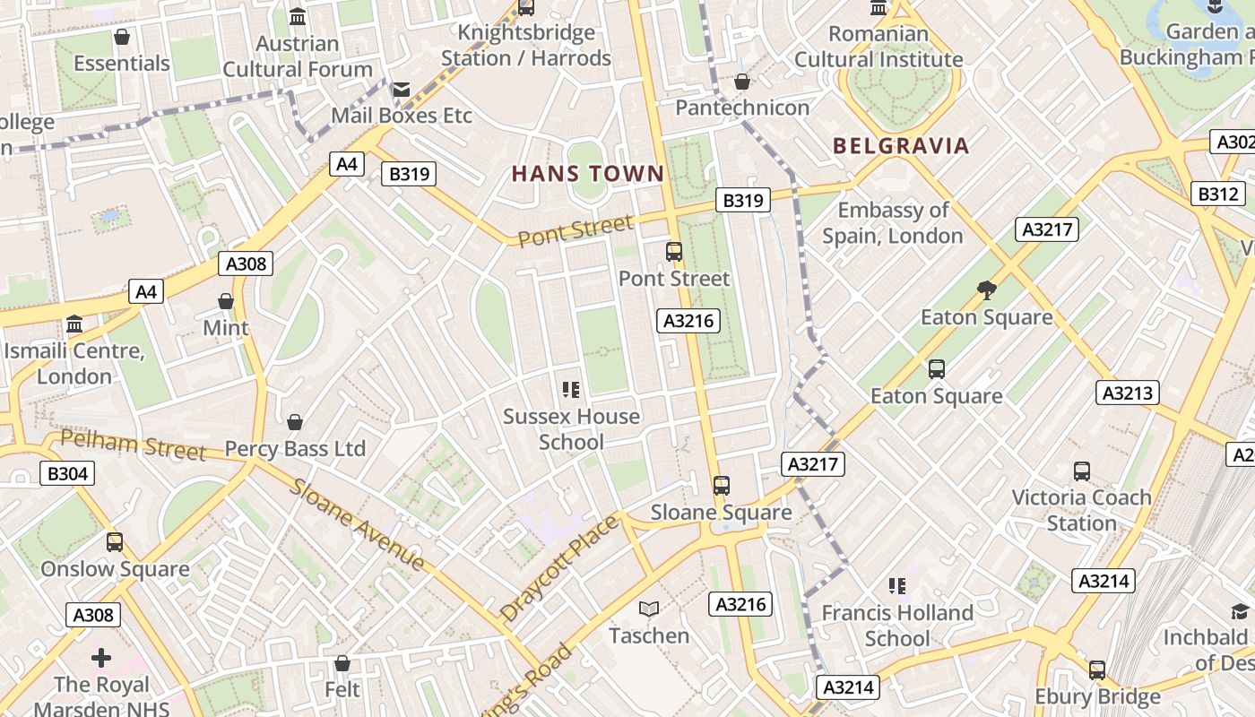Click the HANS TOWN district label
(x=588, y=174)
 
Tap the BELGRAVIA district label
(x=901, y=146)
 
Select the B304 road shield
(x=67, y=473)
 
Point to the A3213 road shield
(x=1127, y=393)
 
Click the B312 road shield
(x=1218, y=194)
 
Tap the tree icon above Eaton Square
(x=987, y=289)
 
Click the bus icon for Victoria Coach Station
(x=1082, y=471)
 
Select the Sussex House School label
(x=571, y=429)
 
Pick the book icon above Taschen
(x=649, y=609)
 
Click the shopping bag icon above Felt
(x=342, y=663)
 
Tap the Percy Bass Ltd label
(x=295, y=448)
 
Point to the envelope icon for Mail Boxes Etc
(x=401, y=89)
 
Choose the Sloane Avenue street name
(x=356, y=524)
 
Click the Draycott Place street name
(x=559, y=568)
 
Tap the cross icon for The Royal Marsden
(x=101, y=658)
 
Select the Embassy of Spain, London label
(x=893, y=223)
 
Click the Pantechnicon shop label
(x=741, y=108)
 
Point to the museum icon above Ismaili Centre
(x=74, y=324)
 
